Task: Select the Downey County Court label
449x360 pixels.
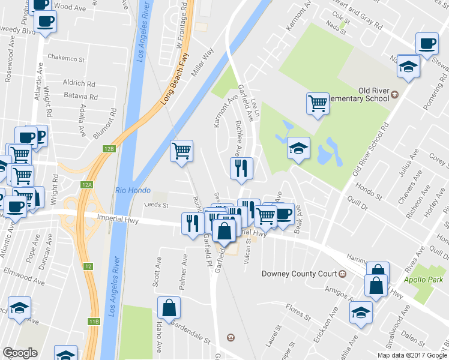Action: (300, 274)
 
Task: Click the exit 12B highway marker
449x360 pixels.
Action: (108, 148)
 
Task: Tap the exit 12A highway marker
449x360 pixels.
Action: (88, 185)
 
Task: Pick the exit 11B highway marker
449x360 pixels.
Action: (94, 322)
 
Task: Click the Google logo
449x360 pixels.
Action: (20, 352)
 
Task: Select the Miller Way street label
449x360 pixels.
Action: (202, 62)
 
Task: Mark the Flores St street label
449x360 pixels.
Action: (298, 312)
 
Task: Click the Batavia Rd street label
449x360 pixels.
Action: (82, 96)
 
